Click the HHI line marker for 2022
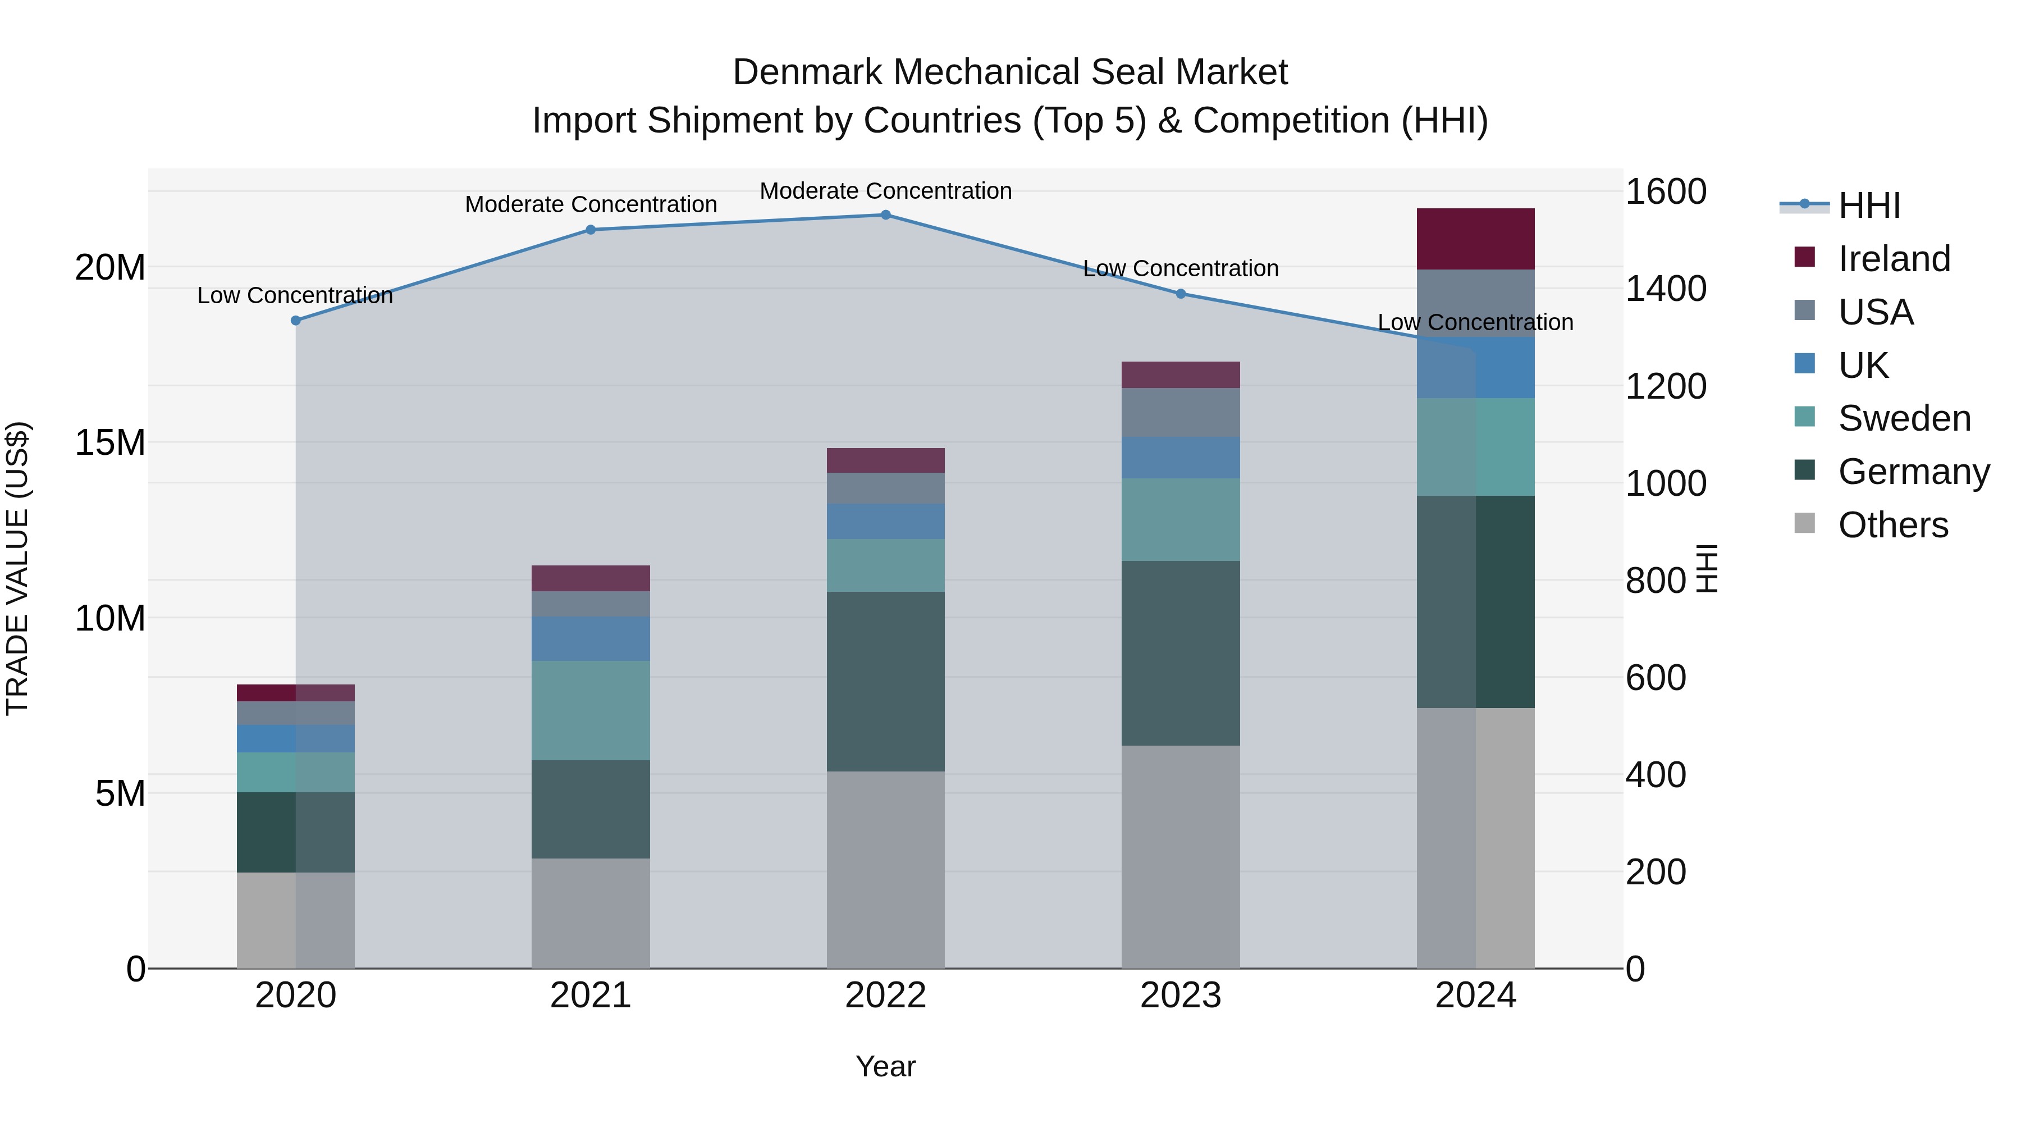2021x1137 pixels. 886,215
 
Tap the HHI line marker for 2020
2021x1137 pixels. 296,320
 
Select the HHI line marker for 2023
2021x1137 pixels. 1181,294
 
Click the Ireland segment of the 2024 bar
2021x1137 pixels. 1476,239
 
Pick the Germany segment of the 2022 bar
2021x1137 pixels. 886,681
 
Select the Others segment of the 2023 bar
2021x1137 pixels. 1181,856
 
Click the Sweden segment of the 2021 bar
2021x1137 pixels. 591,710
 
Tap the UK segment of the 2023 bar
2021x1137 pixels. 1181,458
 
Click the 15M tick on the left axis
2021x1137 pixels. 110,442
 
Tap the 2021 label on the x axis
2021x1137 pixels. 591,996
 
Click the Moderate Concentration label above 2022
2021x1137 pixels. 886,191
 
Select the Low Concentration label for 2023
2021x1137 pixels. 1181,268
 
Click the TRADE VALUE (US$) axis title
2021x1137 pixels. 17,568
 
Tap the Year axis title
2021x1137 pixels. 886,1066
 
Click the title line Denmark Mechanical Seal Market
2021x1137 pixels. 1010,72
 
